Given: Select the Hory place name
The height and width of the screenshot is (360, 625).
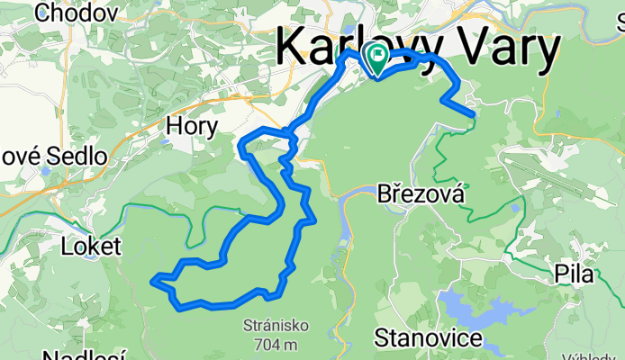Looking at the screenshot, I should click(192, 127).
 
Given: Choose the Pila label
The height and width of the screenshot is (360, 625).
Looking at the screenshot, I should click(574, 274).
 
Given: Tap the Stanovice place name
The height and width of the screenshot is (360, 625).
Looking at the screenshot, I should click(427, 339).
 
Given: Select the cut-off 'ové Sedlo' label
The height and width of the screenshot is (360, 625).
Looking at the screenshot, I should click(54, 156).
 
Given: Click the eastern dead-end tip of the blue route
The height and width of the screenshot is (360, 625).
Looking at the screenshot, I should click(471, 112).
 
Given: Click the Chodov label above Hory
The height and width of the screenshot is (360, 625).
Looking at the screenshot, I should click(76, 13).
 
